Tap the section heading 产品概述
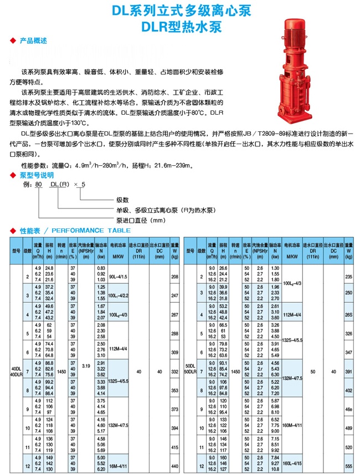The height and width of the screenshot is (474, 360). pos(33,41)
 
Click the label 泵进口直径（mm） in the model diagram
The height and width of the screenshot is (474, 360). pos(141,220)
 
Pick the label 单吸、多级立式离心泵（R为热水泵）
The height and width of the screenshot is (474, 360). pos(164,210)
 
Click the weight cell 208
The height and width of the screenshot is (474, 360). pos(175,276)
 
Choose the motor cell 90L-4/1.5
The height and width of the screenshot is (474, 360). pos(118,276)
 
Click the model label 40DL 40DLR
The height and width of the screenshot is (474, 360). pos(16,370)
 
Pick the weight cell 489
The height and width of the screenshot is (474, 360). pos(348,429)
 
